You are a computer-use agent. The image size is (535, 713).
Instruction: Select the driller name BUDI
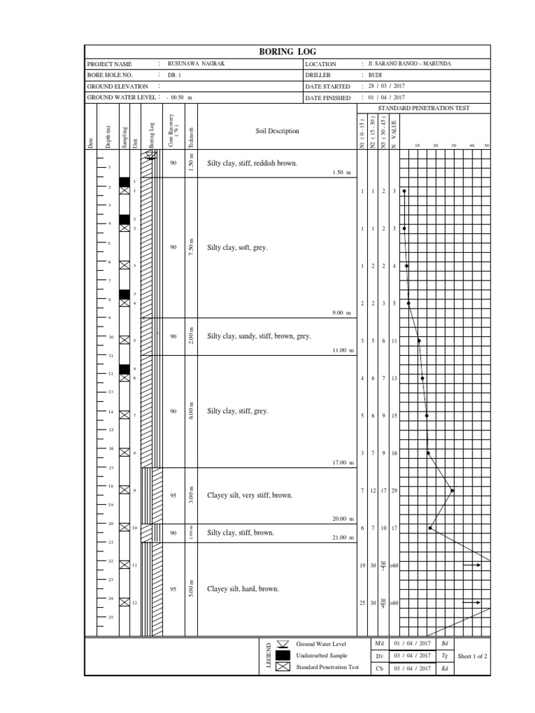[x=375, y=75]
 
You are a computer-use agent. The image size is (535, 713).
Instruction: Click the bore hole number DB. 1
[x=174, y=75]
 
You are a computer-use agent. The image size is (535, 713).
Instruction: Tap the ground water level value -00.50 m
[x=179, y=97]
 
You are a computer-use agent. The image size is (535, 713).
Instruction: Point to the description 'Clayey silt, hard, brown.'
[x=243, y=589]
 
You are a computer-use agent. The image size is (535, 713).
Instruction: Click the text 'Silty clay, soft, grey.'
[x=238, y=247]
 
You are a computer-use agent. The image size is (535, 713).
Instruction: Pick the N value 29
[x=394, y=491]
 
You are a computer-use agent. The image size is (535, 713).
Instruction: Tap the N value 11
[x=394, y=341]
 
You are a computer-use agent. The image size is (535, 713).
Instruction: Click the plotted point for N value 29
[x=453, y=490]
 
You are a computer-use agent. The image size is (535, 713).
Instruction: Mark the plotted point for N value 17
[x=431, y=528]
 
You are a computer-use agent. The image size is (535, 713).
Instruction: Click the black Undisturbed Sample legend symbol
[x=282, y=655]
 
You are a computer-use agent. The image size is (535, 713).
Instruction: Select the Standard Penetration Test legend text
[x=327, y=667]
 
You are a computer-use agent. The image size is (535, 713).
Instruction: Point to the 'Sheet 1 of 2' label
[x=472, y=656]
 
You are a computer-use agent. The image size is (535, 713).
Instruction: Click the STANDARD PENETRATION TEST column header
[x=424, y=109]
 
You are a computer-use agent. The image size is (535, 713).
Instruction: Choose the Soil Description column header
[x=277, y=131]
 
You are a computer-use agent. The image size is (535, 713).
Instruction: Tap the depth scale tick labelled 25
[x=110, y=618]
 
